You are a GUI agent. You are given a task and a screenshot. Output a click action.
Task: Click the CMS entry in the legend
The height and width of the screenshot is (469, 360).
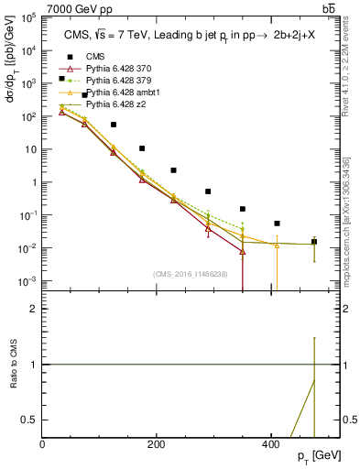84,56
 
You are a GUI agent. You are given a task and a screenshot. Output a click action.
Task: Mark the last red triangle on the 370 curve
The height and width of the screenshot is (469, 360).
243,251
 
